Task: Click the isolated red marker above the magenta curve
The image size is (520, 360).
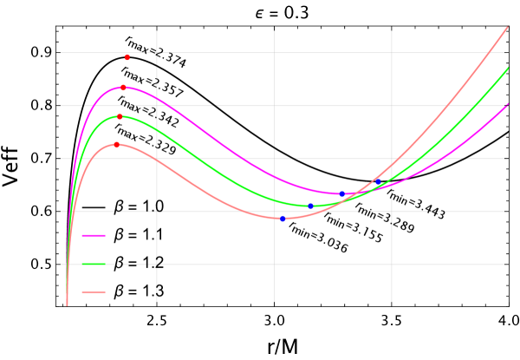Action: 127,57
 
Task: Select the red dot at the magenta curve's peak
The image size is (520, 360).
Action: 123,88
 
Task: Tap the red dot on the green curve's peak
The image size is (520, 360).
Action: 120,116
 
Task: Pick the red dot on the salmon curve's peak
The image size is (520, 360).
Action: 116,145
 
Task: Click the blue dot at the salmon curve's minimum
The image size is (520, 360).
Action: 283,219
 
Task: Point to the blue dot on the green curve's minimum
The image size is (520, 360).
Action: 310,206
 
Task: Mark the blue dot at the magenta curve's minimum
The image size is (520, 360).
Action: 341,194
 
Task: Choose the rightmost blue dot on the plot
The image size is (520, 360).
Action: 378,182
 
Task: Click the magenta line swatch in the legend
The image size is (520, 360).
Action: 94,235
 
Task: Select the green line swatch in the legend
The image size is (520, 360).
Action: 94,264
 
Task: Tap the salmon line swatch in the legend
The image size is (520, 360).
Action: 94,291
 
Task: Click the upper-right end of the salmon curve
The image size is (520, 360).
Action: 508,27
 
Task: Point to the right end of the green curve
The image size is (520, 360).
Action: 508,67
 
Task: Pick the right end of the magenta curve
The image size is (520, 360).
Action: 508,104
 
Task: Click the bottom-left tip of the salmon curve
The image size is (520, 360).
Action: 67,305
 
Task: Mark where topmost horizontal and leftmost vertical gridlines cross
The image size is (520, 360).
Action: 157,53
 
